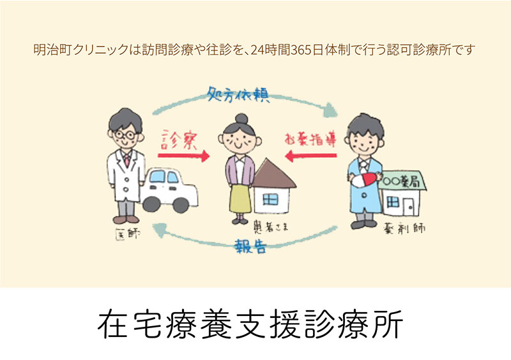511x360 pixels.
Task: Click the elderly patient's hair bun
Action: (241, 119)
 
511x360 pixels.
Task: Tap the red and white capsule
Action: (370, 177)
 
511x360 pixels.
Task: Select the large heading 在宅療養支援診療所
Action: (250, 324)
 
